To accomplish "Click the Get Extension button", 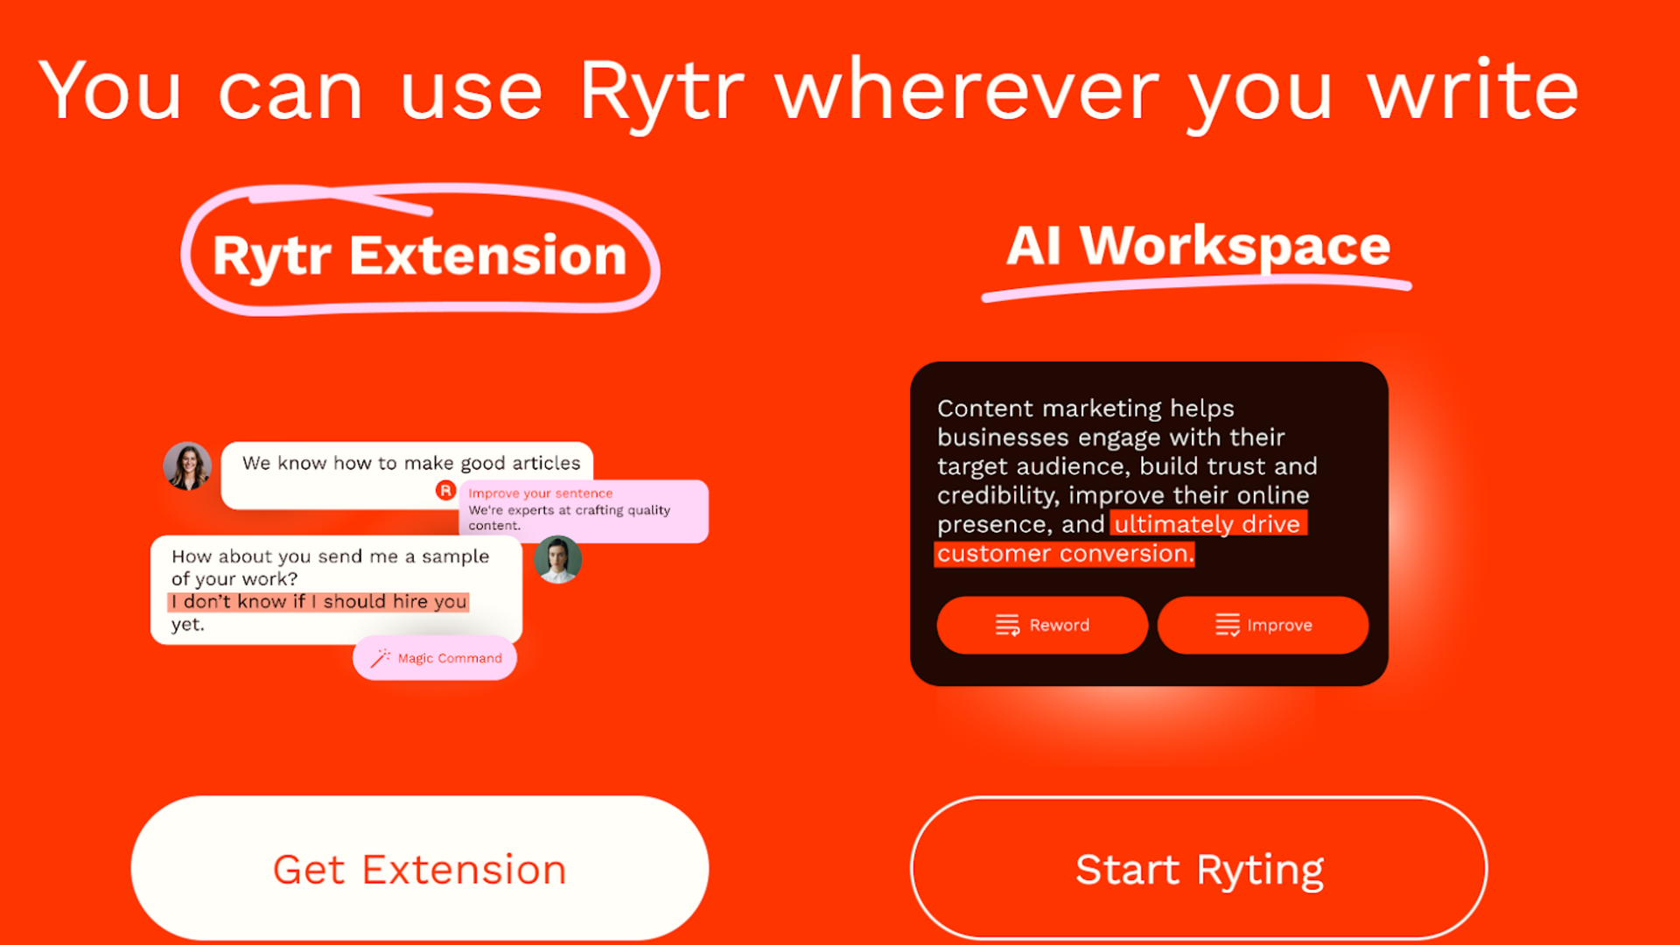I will coord(419,869).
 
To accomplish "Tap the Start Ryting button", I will coord(1199,869).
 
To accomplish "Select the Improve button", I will coord(1263,625).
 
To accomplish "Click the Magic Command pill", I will coord(435,658).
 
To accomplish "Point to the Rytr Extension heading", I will coord(419,255).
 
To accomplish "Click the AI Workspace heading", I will coord(1198,246).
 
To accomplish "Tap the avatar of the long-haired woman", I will coord(187,465).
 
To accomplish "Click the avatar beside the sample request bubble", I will coord(557,559).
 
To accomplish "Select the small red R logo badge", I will coord(445,490).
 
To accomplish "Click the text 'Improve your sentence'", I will coord(540,493).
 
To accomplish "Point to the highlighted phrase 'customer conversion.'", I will coord(1064,554).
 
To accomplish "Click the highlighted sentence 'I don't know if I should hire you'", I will coord(318,602).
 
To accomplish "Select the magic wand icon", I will coord(380,658).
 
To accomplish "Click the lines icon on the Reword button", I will coord(1007,625).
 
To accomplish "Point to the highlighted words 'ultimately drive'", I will coord(1207,524).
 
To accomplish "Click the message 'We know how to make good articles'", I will coord(410,463).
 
